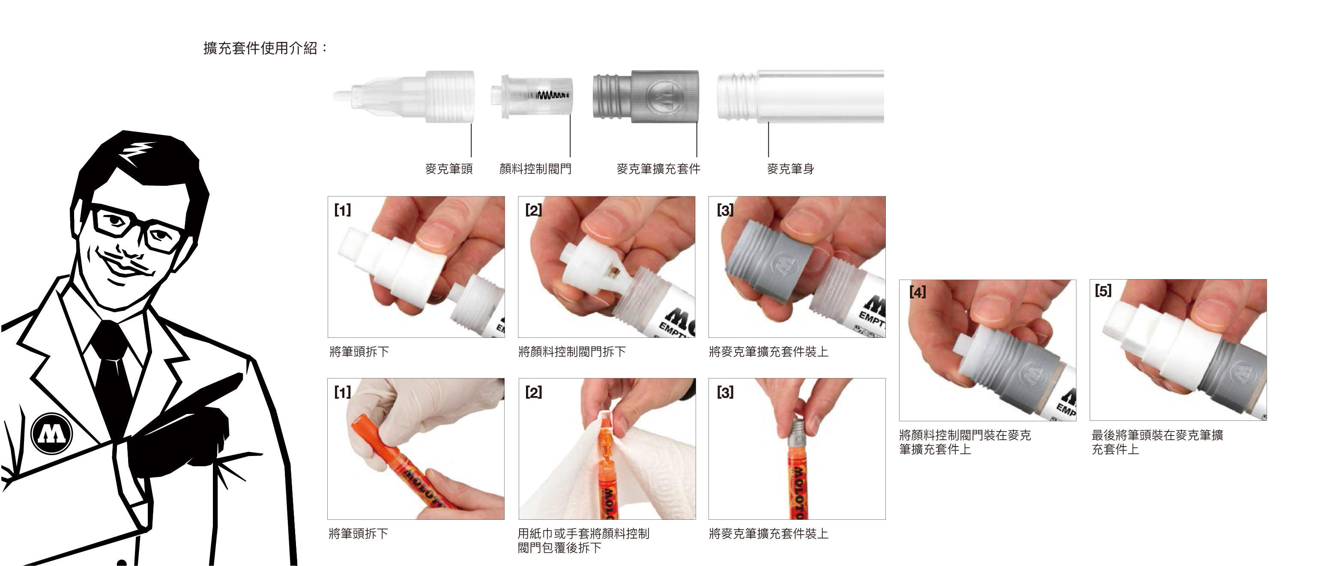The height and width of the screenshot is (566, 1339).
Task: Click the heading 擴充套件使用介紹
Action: pos(266,48)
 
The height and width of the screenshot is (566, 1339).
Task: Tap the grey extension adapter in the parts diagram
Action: pos(646,97)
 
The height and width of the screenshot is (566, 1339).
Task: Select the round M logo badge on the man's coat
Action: pos(51,433)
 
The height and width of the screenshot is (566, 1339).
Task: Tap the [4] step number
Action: pos(918,292)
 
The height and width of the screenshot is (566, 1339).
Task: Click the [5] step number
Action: pos(1103,291)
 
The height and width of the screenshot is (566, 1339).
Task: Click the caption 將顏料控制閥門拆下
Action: pos(572,352)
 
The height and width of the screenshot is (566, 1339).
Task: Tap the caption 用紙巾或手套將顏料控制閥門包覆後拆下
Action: pos(583,540)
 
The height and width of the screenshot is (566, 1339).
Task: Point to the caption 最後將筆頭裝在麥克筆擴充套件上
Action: pos(1157,442)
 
